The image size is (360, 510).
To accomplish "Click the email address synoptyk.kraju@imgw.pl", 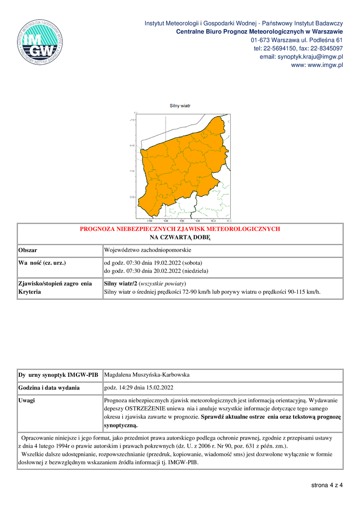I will (310, 57).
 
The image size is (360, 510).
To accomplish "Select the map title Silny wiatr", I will (180, 106).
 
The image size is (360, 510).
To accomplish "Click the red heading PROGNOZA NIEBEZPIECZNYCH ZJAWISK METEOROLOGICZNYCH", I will (180, 229).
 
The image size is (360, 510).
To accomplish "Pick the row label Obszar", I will (28, 250).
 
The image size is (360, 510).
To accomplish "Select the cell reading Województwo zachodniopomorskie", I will (147, 250).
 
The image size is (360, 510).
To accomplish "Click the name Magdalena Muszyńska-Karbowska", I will (147, 375).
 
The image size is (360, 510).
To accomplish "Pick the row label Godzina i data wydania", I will (49, 388).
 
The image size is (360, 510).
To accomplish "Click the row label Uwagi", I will (26, 400).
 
